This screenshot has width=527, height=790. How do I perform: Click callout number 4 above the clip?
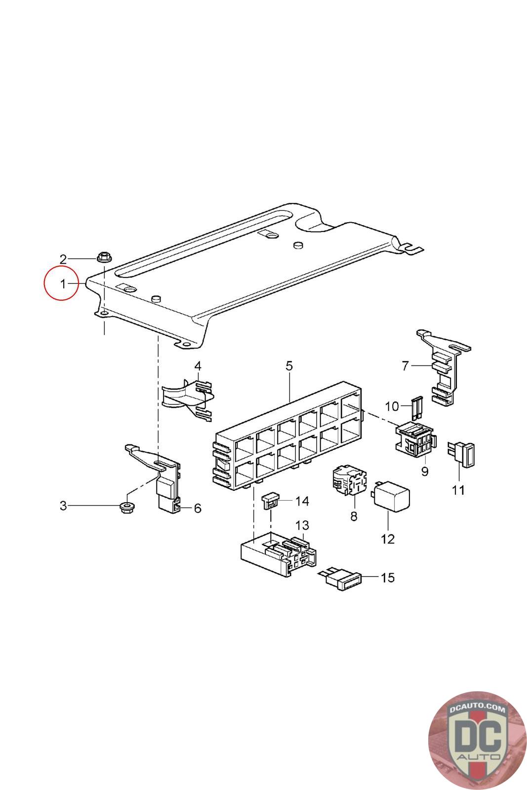pos(198,366)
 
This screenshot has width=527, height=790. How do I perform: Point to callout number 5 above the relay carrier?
pos(289,366)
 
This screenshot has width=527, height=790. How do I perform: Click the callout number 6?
pos(198,508)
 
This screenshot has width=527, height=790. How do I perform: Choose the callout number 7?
pos(405,366)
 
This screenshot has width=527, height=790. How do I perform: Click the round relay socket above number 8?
pos(349,479)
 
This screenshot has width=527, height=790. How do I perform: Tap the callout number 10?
pos(392,406)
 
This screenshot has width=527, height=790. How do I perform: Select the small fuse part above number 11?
pos(462,453)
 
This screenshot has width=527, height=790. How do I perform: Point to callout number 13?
pos(302,524)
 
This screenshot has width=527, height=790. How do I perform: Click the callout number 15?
pos(388,577)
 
